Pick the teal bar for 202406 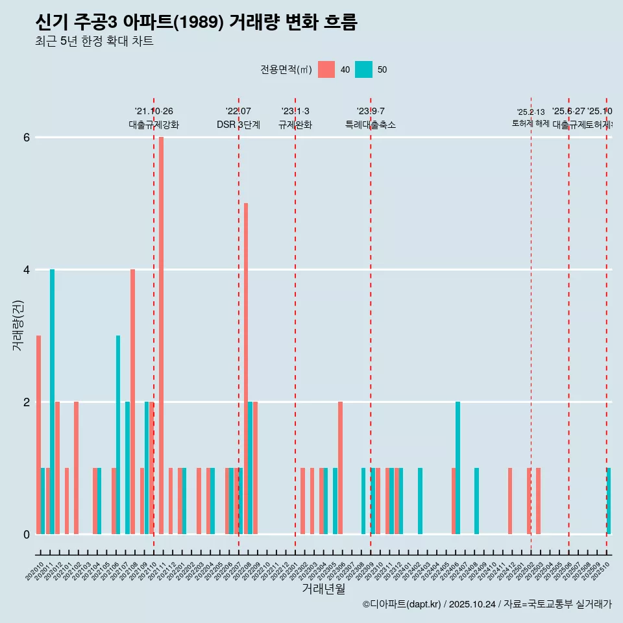coord(458,467)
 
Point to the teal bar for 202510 coord(609,500)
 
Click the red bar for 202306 coord(340,467)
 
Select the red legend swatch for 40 coord(326,69)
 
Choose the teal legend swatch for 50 coord(363,69)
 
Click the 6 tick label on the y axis coord(27,138)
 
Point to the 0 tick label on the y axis coord(27,534)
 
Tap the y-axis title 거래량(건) coord(18,325)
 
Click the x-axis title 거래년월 coord(323,589)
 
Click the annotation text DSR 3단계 coord(238,125)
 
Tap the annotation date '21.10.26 coord(154,112)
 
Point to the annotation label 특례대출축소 coord(371,125)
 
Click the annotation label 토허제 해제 coord(531,123)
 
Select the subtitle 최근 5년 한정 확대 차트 coord(94,42)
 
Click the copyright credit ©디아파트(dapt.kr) coord(402,604)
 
